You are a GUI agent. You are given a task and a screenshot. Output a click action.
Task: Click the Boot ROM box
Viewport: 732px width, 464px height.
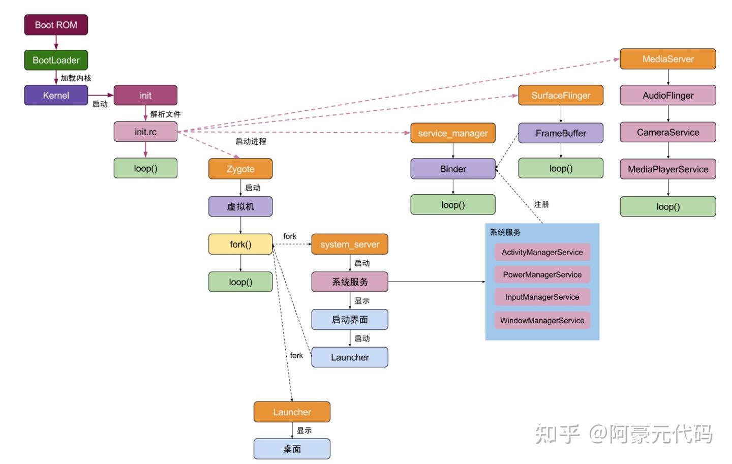(x=56, y=25)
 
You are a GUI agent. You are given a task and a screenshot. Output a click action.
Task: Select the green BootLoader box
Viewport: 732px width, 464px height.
(x=56, y=60)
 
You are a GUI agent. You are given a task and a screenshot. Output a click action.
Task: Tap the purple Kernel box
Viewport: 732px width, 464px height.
(x=56, y=95)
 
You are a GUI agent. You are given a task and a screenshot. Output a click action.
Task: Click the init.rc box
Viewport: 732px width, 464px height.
(x=145, y=132)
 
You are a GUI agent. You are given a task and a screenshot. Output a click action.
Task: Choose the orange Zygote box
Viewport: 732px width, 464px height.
(x=240, y=169)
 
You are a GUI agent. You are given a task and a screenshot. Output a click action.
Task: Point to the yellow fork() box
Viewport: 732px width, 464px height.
(x=240, y=244)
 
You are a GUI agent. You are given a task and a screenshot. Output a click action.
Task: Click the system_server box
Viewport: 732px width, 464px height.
(x=350, y=244)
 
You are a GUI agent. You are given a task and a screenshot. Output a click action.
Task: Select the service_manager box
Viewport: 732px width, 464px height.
(x=453, y=133)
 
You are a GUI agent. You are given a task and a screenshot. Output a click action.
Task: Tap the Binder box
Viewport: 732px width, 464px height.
(x=453, y=169)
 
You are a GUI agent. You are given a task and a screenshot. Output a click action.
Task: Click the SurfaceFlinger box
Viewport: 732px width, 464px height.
(x=561, y=96)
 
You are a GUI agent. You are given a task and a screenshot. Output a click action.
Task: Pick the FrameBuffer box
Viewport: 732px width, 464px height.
(x=561, y=133)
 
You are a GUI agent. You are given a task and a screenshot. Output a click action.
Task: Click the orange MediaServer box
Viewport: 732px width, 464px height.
(x=668, y=59)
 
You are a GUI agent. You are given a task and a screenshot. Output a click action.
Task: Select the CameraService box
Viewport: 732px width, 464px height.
(x=668, y=132)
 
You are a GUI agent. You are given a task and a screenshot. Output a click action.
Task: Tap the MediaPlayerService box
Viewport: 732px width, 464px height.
(x=668, y=169)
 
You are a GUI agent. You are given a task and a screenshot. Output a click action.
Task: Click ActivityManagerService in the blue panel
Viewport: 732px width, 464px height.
(x=542, y=252)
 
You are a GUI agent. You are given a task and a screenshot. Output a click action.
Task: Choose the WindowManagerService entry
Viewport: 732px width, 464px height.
(x=542, y=321)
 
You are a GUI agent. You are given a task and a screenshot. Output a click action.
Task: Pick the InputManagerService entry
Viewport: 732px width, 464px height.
(x=542, y=297)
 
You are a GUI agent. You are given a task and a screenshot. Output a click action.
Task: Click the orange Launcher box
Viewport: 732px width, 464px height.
(x=292, y=412)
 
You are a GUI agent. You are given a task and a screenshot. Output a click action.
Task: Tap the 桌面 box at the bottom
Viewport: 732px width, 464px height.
(x=292, y=449)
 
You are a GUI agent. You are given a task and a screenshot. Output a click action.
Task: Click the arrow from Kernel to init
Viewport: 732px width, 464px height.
(x=101, y=95)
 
